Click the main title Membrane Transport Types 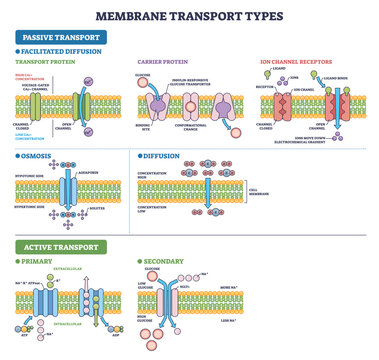click(x=189, y=16)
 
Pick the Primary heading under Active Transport click(x=38, y=261)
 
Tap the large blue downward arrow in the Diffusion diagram click(x=204, y=197)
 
